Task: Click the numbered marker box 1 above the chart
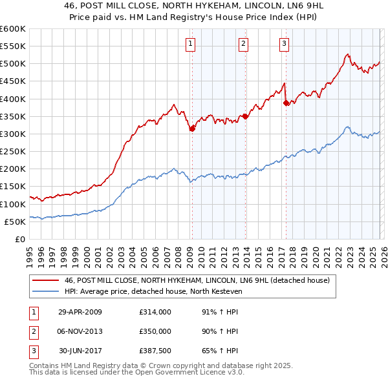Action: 191,44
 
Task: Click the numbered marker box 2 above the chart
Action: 243,44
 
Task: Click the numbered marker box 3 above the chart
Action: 285,44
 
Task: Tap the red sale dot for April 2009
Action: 192,129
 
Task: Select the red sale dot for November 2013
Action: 245,116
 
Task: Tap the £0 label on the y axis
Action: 19,240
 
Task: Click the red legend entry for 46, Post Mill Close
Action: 197,280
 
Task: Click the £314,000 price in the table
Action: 155,312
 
